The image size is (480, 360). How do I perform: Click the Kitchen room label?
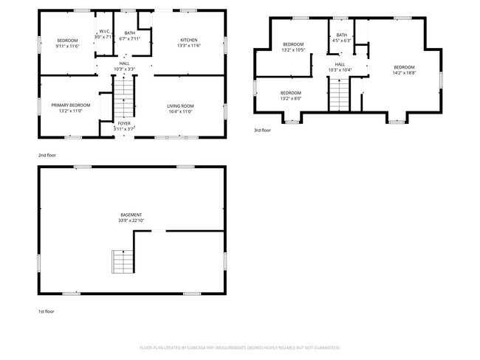[x=188, y=40]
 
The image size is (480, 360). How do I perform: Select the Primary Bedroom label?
[x=70, y=105]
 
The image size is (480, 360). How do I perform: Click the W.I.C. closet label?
[x=104, y=32]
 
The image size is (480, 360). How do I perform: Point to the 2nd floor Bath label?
[x=130, y=33]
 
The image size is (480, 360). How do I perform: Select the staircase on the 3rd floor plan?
[x=339, y=94]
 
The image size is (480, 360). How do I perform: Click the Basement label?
[x=131, y=215]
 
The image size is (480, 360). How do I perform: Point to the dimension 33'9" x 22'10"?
[x=131, y=221]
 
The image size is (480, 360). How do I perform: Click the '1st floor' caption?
[x=47, y=311]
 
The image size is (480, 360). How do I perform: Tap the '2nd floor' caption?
[x=47, y=155]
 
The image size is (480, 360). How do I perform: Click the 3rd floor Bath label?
[x=341, y=35]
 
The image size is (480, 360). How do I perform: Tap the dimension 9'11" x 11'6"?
[x=68, y=46]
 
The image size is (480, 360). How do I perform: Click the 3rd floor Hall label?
[x=340, y=64]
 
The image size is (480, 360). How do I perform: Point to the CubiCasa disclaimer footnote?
[x=240, y=347]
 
